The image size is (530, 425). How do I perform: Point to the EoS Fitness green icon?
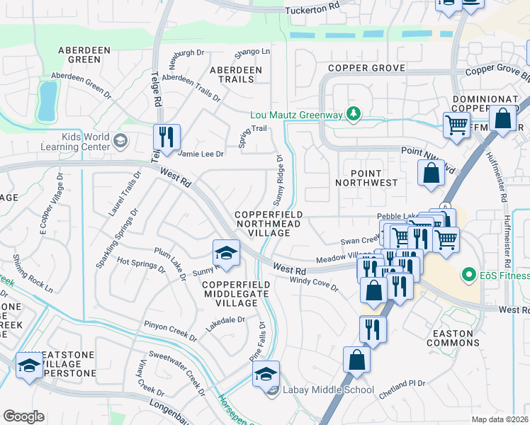467,273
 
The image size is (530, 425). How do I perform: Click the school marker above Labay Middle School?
266,374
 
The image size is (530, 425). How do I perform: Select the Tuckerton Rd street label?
312,11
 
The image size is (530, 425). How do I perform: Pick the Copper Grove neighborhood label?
366,68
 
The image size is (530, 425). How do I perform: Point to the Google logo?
23,416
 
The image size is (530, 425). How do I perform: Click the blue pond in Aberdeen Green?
47,101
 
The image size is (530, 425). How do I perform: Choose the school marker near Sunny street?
226,254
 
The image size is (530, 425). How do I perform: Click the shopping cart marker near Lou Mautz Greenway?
456,125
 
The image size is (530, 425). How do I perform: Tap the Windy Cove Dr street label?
314,285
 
